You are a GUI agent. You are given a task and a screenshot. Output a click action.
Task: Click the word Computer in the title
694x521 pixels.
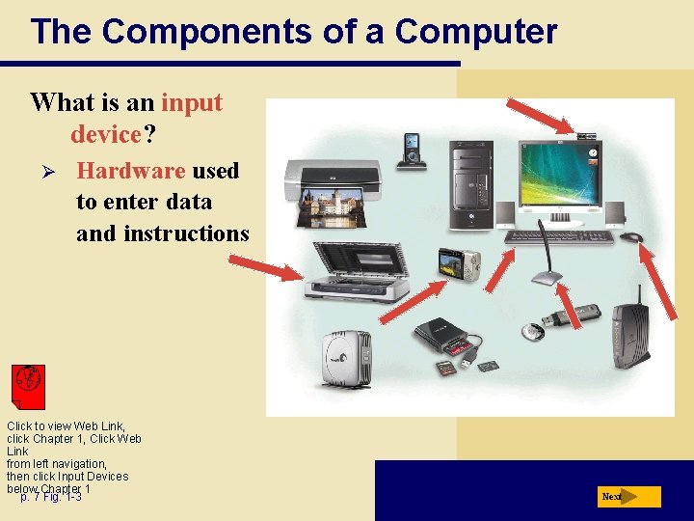tap(475, 32)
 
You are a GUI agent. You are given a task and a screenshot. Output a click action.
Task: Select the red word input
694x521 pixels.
tap(192, 102)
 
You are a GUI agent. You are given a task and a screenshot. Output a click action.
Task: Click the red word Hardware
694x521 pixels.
tap(130, 171)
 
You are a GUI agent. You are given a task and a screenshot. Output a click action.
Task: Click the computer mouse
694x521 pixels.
tap(631, 236)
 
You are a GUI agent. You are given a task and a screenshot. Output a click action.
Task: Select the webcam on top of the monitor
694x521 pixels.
tap(588, 135)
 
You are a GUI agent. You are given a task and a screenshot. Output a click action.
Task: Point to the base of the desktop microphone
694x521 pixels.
tap(547, 280)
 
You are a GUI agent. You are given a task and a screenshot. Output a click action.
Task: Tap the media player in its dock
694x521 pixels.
tap(414, 151)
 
